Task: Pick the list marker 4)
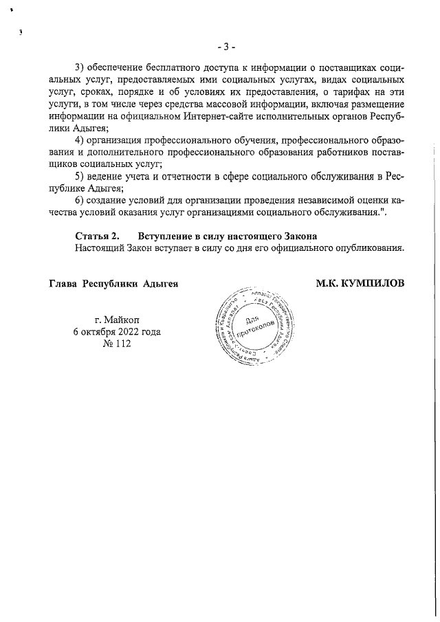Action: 81,140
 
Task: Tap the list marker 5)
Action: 81,176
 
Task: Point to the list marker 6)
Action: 81,200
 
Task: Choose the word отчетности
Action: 181,176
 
